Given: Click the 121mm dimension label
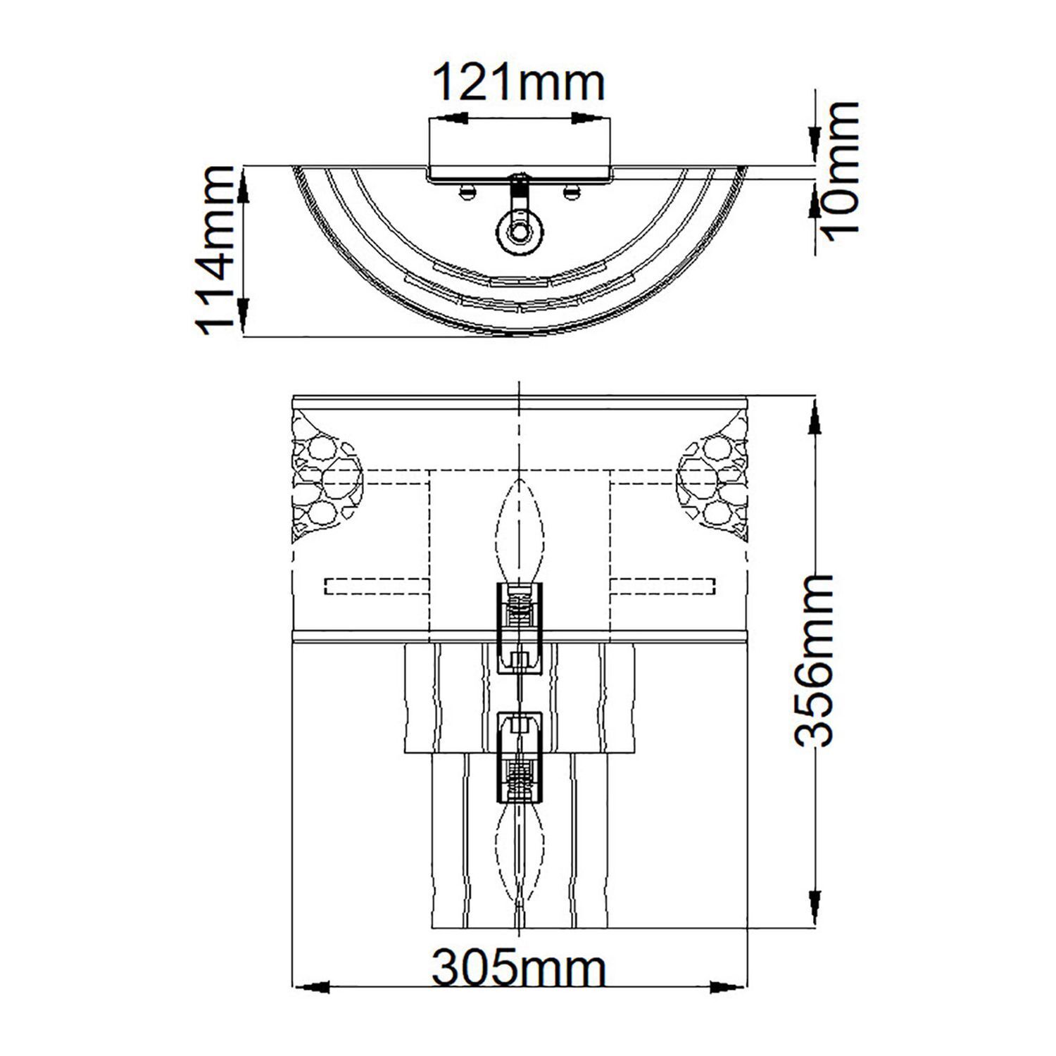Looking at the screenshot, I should click(517, 82).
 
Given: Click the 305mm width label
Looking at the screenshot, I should click(517, 969).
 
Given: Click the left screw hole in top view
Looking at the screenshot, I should click(466, 189).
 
